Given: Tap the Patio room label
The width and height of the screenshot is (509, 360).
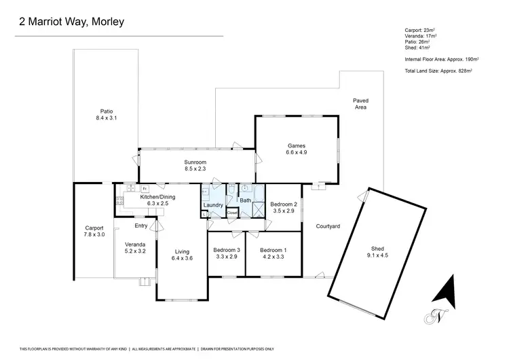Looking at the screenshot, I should (106, 111).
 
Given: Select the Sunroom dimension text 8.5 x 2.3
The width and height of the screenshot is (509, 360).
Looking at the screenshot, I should (195, 168).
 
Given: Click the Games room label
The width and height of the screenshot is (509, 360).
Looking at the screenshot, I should (297, 145).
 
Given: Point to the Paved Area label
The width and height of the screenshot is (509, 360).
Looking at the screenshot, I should (360, 101).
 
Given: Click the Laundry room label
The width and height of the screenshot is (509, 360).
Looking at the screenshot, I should (214, 204).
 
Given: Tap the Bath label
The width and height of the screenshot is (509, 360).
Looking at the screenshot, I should (245, 200).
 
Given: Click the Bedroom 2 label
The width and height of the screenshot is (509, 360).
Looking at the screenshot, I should (283, 204).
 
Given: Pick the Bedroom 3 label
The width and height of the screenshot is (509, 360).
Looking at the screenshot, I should (225, 250).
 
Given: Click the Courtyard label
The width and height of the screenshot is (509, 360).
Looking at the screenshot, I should (328, 226).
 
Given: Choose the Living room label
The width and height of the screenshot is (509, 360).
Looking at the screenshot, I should (182, 250).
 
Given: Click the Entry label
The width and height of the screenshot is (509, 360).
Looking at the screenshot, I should (141, 226).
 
